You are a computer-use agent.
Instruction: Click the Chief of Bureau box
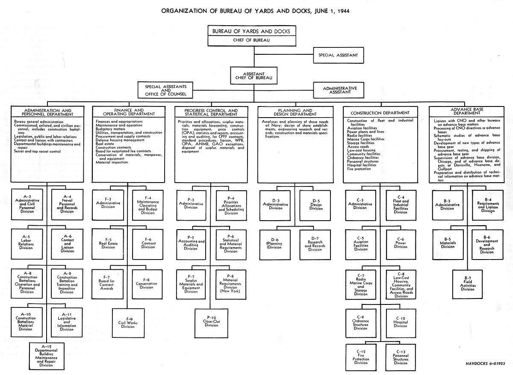click(252, 36)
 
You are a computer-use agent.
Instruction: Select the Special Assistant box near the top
click(338, 55)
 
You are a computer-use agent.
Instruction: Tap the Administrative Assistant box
click(339, 90)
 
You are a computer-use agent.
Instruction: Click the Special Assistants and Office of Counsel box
click(165, 90)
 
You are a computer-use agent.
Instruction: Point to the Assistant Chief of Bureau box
click(254, 76)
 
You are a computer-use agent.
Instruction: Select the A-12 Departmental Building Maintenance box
click(47, 356)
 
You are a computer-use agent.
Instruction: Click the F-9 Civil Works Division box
click(128, 323)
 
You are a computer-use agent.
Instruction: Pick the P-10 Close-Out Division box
click(211, 323)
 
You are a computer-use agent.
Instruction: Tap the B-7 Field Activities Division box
click(467, 284)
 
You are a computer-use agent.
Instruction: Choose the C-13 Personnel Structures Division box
click(401, 357)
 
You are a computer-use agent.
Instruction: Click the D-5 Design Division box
click(315, 205)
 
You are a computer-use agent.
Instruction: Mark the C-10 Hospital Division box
click(401, 323)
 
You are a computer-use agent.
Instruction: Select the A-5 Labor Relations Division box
click(27, 244)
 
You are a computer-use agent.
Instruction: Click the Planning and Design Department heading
click(295, 112)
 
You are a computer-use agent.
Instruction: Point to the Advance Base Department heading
click(467, 111)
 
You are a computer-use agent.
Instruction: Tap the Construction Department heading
click(380, 113)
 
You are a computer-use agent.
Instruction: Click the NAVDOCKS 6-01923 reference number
click(485, 363)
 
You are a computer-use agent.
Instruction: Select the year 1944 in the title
click(343, 11)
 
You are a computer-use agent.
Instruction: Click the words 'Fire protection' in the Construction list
click(359, 169)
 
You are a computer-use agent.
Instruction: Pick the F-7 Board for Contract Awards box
click(107, 284)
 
